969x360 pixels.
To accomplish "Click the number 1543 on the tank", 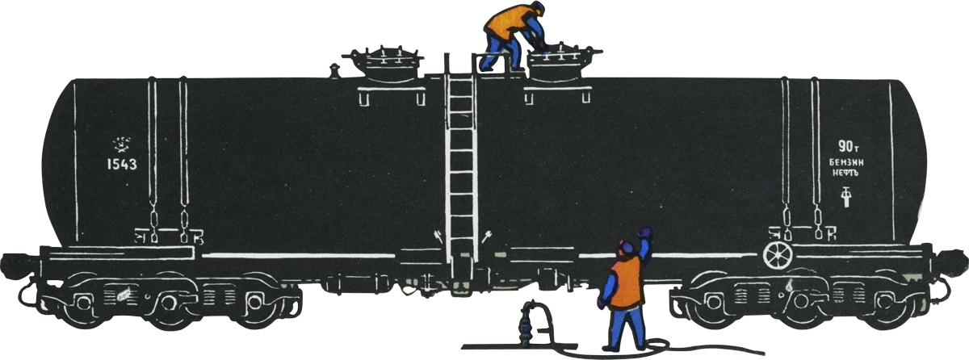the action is pyautogui.click(x=122, y=164).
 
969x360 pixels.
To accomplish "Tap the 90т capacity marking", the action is pyautogui.click(x=848, y=147).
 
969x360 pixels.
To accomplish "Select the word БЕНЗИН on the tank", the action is pyautogui.click(x=846, y=163).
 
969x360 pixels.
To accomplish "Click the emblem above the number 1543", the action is pyautogui.click(x=122, y=144).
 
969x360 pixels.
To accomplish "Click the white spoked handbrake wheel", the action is pyautogui.click(x=778, y=255).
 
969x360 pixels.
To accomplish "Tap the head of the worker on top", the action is pyautogui.click(x=537, y=8).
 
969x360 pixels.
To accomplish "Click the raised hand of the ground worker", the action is pyautogui.click(x=645, y=233).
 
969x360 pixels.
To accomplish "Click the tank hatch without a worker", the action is pyautogui.click(x=383, y=64).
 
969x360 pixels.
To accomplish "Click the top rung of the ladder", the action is pyautogui.click(x=460, y=82).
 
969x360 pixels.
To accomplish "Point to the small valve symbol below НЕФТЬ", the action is pyautogui.click(x=845, y=197).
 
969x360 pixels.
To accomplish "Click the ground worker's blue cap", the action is pyautogui.click(x=627, y=248).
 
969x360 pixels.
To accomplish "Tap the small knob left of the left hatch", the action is pyautogui.click(x=334, y=71).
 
